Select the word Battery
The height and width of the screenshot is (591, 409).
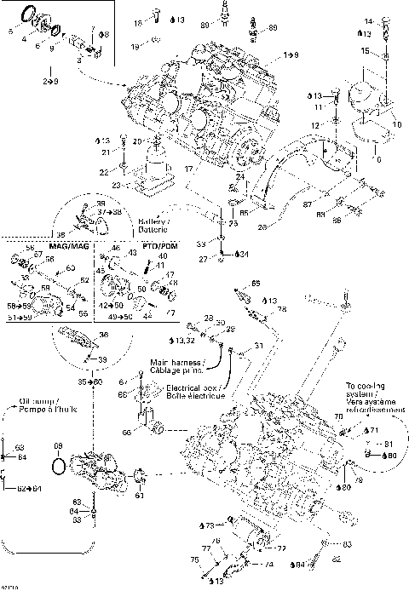click(x=151, y=220)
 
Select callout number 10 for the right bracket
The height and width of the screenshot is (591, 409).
click(x=397, y=124)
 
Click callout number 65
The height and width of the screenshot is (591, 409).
click(x=256, y=284)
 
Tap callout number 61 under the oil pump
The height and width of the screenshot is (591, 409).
click(x=140, y=496)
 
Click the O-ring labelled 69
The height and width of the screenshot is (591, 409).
click(x=58, y=468)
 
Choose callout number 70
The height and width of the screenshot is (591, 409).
click(x=338, y=416)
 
